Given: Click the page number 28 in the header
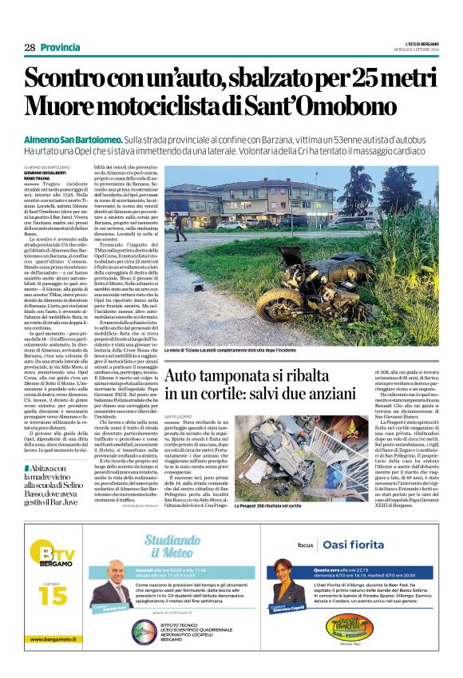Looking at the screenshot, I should click(x=30, y=48).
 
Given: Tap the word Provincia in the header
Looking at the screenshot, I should click(x=60, y=48).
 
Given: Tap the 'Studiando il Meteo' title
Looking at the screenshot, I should click(x=172, y=545).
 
